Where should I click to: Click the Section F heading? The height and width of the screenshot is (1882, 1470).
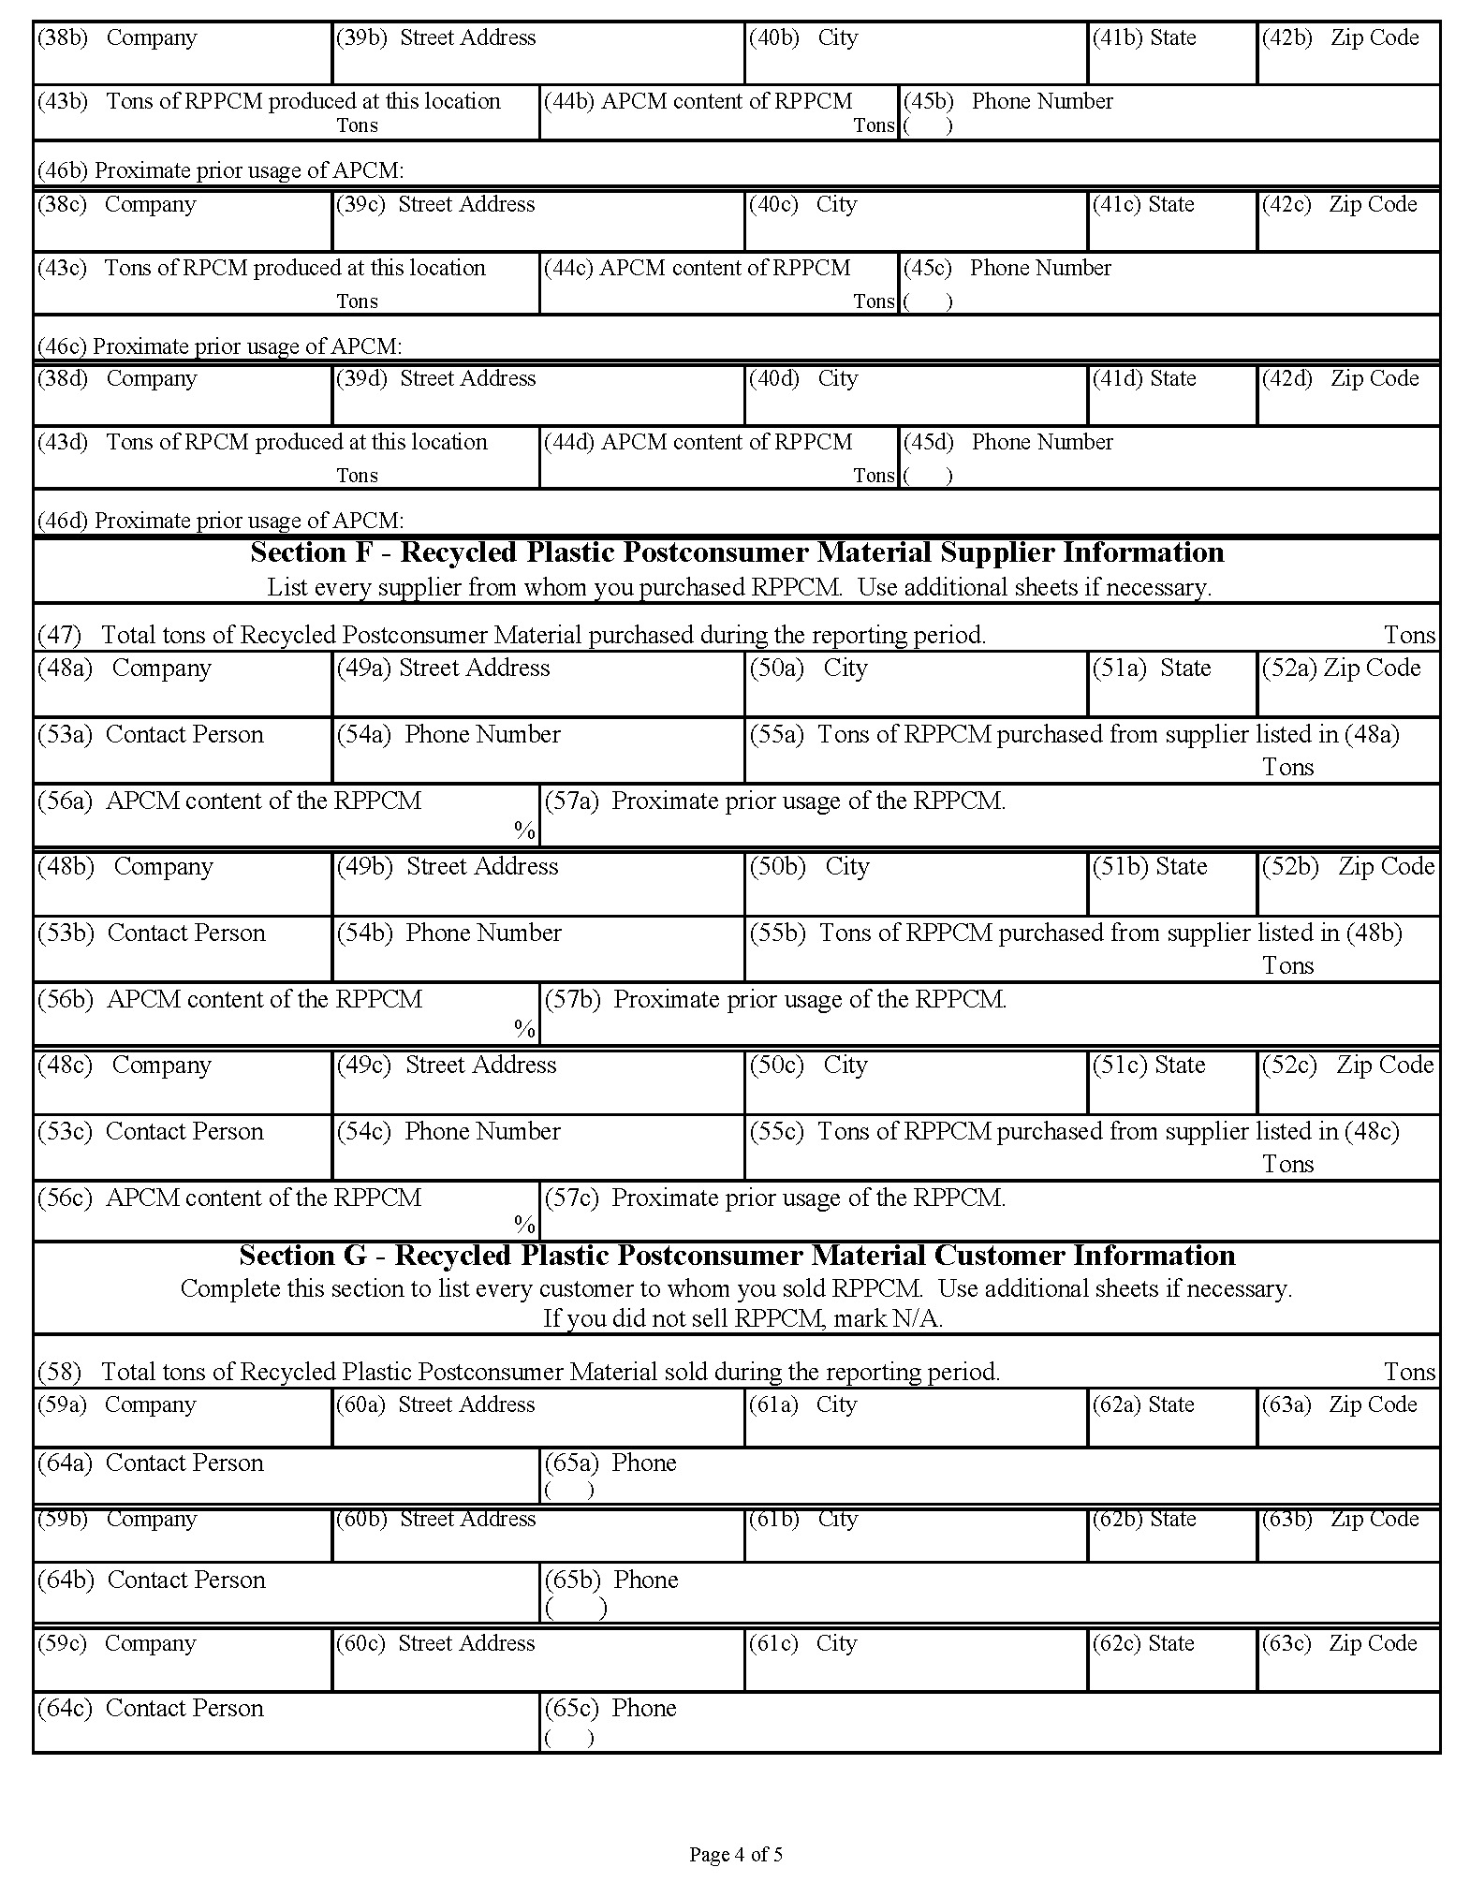[736, 552]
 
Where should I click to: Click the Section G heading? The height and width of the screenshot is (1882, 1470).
[736, 1256]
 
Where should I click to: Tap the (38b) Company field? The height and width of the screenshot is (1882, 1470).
[183, 54]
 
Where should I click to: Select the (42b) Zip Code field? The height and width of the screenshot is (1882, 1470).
[1347, 54]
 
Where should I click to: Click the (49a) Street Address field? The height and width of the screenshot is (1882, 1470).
[538, 685]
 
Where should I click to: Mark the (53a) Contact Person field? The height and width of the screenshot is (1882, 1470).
[183, 751]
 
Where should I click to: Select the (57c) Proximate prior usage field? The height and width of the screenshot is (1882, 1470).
[990, 1212]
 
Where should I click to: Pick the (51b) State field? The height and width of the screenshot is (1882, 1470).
[1172, 884]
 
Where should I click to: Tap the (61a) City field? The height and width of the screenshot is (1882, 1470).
[916, 1419]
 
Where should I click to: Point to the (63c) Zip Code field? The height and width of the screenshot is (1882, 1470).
[1347, 1659]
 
